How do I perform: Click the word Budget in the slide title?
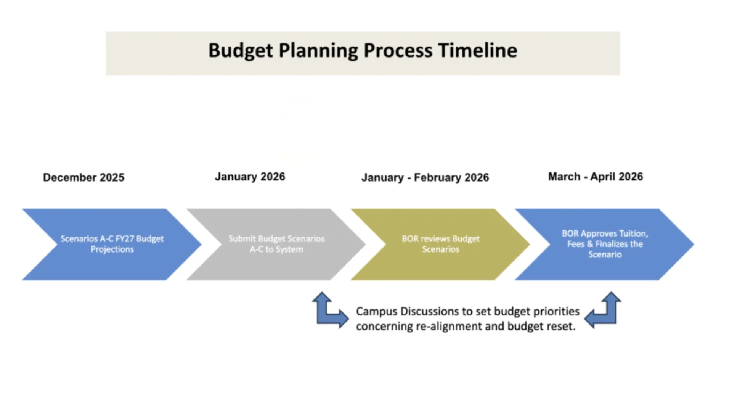(241, 50)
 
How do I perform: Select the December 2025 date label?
(83, 177)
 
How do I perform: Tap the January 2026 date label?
(250, 177)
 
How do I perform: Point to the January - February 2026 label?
(425, 177)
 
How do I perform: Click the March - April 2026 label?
(596, 177)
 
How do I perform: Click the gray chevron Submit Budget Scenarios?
(276, 244)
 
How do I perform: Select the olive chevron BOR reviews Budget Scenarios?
(440, 244)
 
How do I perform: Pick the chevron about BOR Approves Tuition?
(605, 244)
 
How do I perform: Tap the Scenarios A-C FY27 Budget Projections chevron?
(112, 244)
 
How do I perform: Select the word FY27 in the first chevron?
(125, 239)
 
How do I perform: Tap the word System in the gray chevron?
(289, 249)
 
